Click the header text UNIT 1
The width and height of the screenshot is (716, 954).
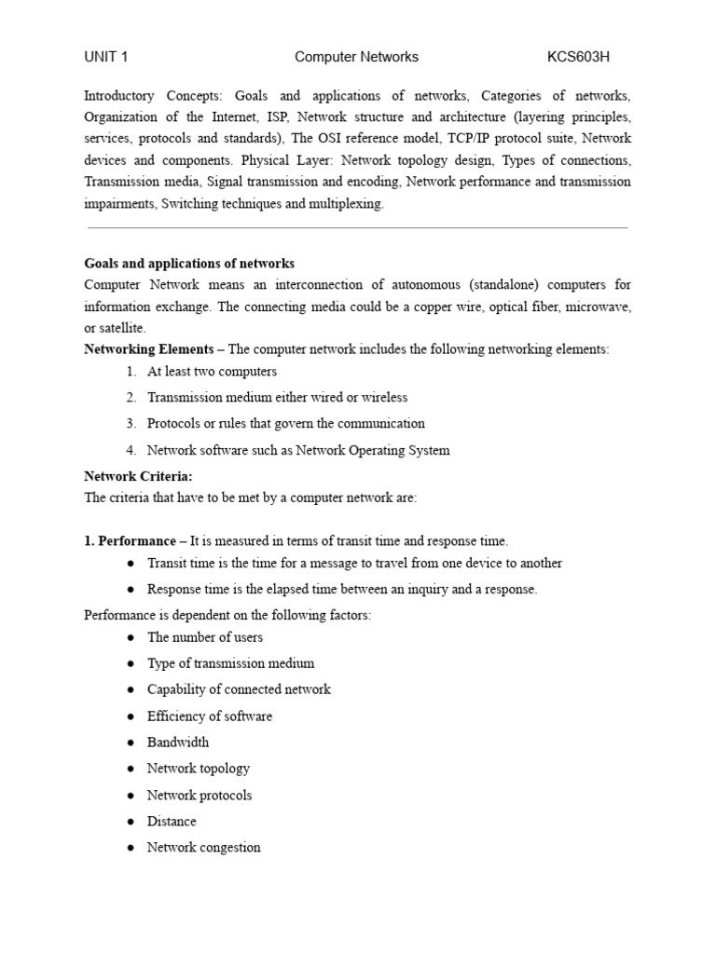[105, 57]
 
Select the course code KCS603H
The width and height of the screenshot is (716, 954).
[578, 57]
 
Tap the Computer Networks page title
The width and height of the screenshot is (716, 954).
[356, 57]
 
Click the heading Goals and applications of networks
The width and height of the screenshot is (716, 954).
[189, 264]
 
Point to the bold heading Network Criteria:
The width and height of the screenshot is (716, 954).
[138, 476]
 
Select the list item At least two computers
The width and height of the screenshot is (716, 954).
[212, 371]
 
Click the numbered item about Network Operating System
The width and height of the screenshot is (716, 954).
[298, 450]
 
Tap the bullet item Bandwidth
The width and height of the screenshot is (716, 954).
[178, 743]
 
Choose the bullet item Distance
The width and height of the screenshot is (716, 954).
[172, 821]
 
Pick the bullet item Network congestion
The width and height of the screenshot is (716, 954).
[204, 847]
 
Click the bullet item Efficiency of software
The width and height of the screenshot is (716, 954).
[210, 715]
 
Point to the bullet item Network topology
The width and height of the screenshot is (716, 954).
[199, 769]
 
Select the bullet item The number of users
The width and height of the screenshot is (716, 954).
[205, 637]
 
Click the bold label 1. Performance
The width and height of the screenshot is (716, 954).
[130, 540]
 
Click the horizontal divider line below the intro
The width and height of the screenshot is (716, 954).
[357, 227]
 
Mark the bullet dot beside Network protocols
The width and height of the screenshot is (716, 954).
[130, 796]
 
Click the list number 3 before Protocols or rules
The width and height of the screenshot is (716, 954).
[131, 423]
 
